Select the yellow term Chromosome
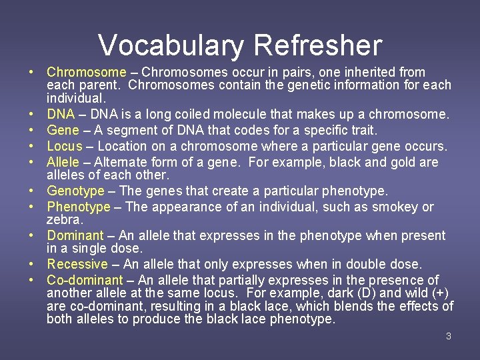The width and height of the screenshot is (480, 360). (86, 72)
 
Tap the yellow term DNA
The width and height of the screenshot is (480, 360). (61, 115)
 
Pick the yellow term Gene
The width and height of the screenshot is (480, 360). (63, 130)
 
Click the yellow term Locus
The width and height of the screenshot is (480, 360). (65, 146)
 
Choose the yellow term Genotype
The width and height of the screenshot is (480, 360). (76, 191)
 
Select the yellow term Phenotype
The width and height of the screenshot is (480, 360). (79, 207)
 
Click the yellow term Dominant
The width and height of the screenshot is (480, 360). (75, 236)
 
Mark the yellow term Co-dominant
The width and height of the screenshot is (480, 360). (85, 280)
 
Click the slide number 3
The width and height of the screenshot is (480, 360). (449, 336)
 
